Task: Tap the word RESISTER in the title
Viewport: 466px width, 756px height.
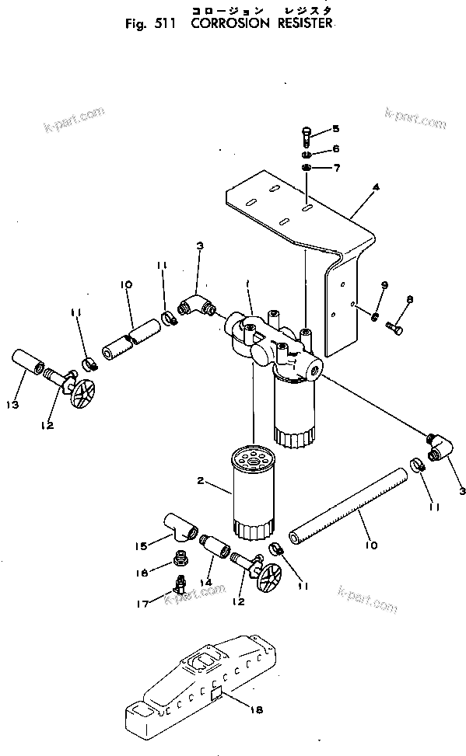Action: click(299, 23)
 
